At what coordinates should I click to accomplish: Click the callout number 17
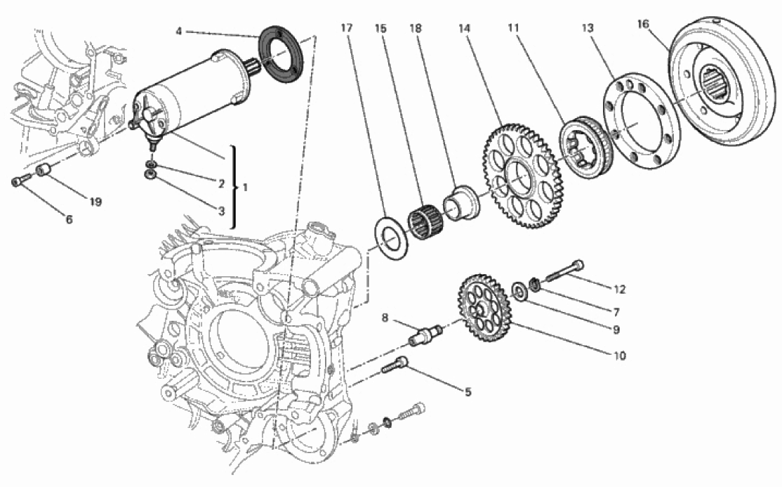pyautogui.click(x=345, y=29)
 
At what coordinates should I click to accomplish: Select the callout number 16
pyautogui.click(x=642, y=24)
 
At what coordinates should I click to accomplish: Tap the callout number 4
pyautogui.click(x=179, y=32)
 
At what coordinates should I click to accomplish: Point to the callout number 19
pyautogui.click(x=95, y=202)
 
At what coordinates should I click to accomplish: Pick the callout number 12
pyautogui.click(x=618, y=288)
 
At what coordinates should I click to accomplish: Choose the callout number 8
pyautogui.click(x=385, y=317)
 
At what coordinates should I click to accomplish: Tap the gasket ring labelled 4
pyautogui.click(x=282, y=55)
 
